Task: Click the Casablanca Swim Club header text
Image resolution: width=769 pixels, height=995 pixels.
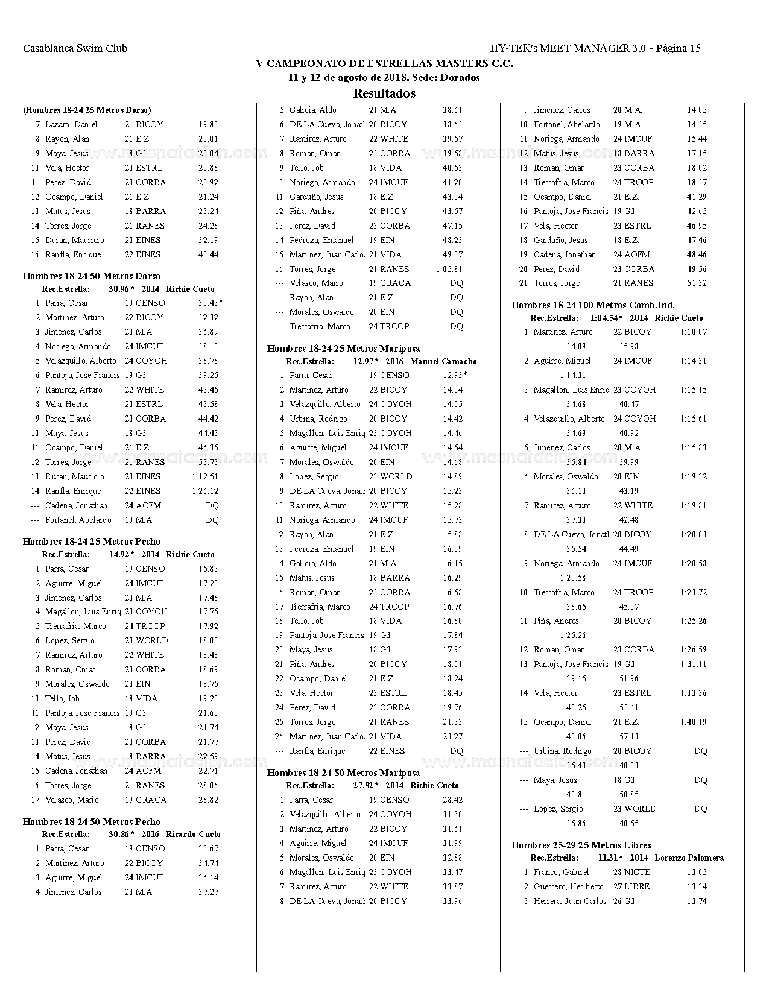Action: pos(75,49)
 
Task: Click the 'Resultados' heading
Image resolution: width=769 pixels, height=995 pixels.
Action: pos(384,93)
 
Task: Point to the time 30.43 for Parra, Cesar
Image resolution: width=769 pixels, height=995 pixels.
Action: pos(208,303)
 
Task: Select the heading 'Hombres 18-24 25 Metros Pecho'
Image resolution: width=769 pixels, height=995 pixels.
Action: pos(92,542)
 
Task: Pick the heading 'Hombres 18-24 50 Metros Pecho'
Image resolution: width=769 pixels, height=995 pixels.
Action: pos(92,822)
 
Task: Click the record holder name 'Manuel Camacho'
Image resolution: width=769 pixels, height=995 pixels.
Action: pos(443,361)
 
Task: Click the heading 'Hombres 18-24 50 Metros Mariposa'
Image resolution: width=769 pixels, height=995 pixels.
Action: pos(344,773)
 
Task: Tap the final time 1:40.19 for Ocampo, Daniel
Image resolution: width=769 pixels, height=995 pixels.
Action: pos(694,722)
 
